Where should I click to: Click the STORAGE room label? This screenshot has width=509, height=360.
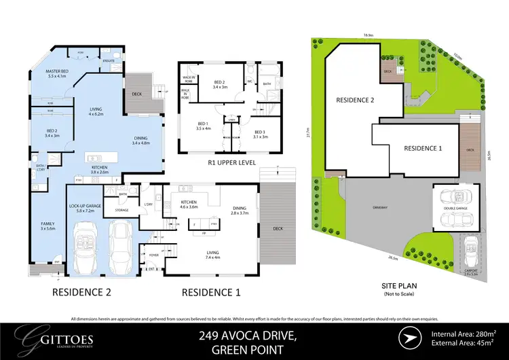point(122,210)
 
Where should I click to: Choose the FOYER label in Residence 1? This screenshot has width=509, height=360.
point(153,255)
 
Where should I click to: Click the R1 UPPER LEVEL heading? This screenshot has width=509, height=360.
point(227,164)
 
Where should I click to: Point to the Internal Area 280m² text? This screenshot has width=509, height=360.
point(466,333)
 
